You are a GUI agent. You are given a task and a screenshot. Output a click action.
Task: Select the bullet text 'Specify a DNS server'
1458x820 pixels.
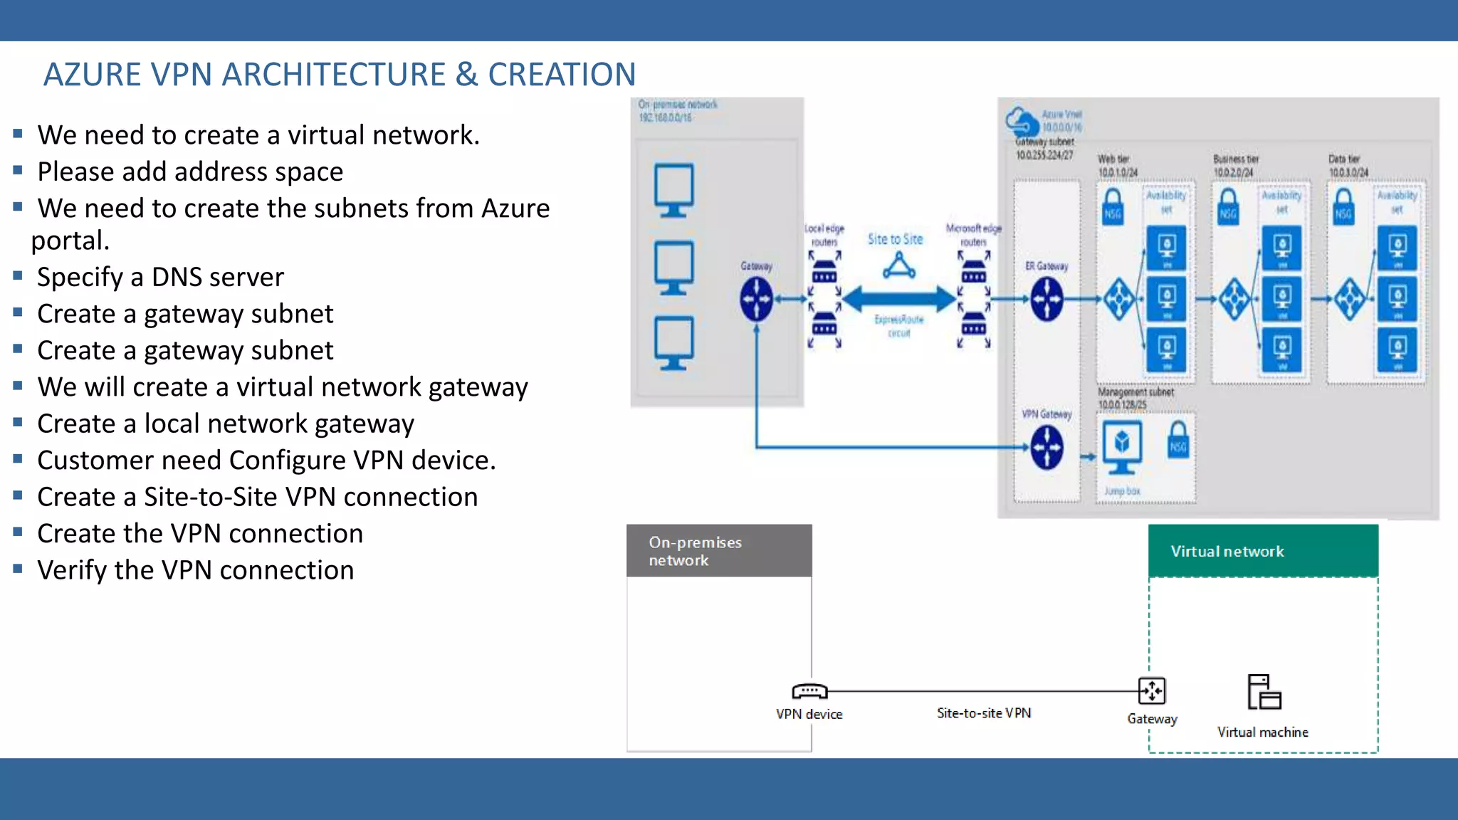160,277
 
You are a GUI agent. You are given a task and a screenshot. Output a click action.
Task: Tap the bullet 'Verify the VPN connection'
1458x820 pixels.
195,570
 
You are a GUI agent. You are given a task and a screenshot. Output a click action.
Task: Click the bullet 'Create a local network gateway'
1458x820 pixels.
225,424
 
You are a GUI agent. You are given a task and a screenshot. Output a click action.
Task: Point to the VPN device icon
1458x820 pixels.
809,691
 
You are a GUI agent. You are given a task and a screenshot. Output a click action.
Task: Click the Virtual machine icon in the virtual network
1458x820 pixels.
1264,692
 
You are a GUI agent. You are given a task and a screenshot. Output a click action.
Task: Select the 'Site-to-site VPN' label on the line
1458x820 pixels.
983,713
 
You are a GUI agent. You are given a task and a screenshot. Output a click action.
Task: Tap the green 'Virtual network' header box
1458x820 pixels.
1263,551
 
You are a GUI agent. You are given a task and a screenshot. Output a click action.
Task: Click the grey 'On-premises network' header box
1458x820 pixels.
718,551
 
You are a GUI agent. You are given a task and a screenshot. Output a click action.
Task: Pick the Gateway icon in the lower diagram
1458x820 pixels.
1152,690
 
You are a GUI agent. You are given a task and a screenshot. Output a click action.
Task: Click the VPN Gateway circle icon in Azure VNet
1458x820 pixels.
1047,448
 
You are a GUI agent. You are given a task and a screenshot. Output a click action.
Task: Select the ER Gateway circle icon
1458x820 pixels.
1047,299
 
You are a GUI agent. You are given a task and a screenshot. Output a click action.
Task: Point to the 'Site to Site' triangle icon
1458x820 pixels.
899,266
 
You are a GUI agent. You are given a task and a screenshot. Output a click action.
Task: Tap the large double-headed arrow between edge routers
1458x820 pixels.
899,299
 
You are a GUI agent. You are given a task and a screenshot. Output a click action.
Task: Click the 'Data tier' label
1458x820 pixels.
1343,159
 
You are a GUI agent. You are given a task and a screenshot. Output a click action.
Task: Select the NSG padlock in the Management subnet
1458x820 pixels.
1178,439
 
